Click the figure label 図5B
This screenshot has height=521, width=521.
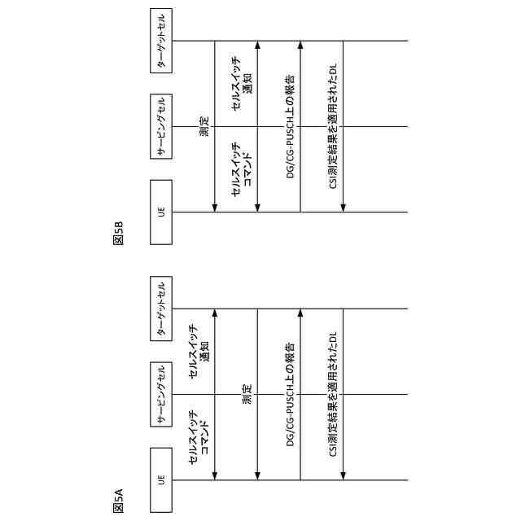point(119,233)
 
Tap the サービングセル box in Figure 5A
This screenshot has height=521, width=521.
point(161,394)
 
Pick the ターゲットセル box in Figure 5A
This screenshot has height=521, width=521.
point(161,309)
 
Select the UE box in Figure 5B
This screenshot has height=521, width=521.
point(161,212)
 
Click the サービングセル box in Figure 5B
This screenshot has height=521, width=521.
point(161,126)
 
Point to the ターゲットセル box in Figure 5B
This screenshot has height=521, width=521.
point(161,41)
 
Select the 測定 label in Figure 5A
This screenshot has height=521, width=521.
point(247,395)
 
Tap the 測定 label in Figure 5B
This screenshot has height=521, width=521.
point(204,126)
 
